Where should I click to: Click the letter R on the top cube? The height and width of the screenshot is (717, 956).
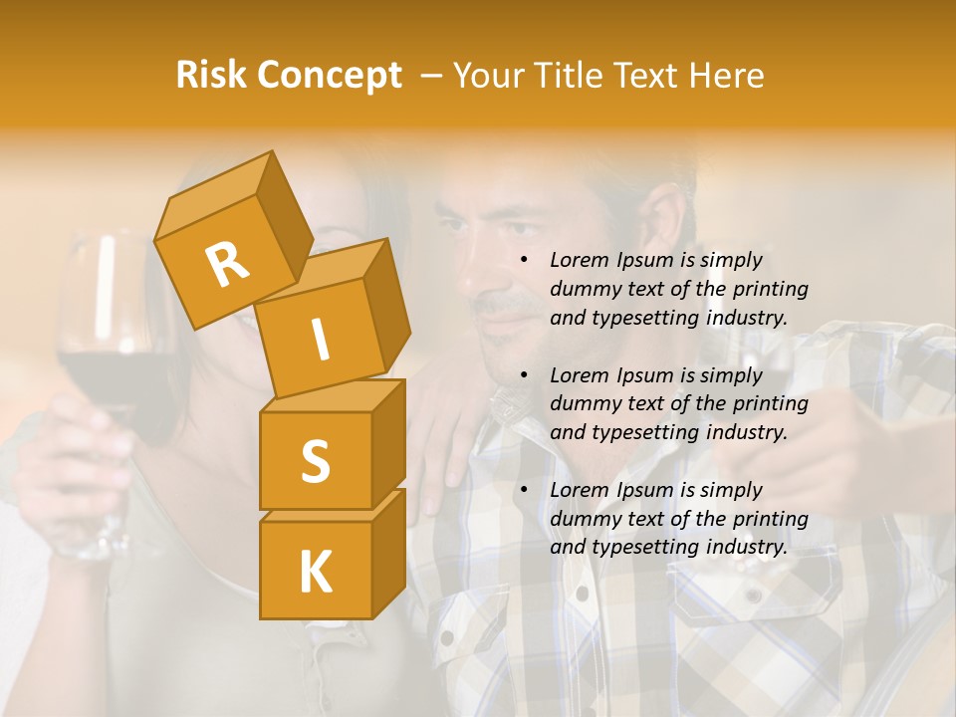227,264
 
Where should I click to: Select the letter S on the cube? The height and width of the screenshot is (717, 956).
315,460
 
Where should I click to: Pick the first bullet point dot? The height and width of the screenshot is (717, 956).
524,260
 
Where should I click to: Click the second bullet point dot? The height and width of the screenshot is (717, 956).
524,375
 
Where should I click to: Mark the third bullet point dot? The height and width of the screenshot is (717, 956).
524,490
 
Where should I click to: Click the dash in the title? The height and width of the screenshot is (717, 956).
432,75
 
